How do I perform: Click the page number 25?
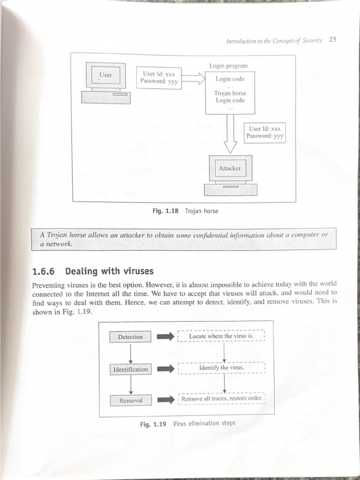tap(332, 39)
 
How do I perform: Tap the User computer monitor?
tap(105, 75)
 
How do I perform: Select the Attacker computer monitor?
tap(230, 168)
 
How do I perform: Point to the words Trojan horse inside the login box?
tap(230, 93)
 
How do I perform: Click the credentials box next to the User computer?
tap(158, 77)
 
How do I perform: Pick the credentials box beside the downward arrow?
tap(265, 132)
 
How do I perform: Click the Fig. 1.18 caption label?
tap(165, 211)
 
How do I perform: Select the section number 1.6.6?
tap(45, 271)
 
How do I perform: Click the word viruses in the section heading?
tap(138, 271)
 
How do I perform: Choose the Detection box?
tap(130, 337)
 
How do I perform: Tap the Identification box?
tap(130, 369)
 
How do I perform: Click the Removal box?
tap(130, 400)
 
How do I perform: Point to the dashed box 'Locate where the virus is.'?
tap(221, 337)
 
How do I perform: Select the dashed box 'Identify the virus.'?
tap(221, 368)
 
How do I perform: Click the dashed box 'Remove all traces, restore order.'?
tap(221, 399)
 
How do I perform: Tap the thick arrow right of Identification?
tap(165, 369)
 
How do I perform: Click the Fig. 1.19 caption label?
tap(153, 424)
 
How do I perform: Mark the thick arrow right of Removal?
tap(165, 400)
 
